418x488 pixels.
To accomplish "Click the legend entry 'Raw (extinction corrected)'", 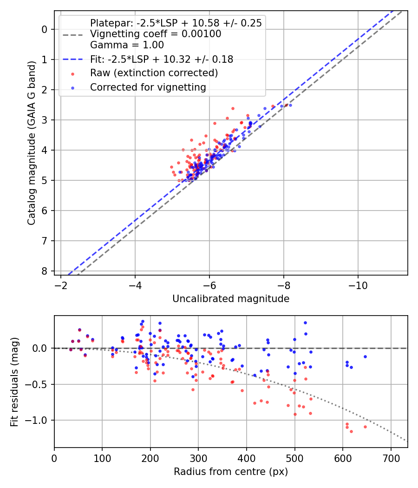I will (x=154, y=73).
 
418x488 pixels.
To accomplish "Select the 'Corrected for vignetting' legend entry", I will (x=148, y=87).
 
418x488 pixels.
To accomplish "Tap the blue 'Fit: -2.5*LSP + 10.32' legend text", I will (x=161, y=59).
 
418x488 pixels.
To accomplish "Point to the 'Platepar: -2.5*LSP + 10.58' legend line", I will (x=176, y=23).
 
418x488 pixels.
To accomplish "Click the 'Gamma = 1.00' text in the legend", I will (x=127, y=45).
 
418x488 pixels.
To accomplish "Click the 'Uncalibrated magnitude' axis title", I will (x=231, y=298).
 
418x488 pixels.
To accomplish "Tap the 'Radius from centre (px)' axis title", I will (x=231, y=472).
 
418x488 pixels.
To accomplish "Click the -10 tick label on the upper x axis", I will (x=358, y=285).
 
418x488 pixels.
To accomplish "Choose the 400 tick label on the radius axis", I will (x=247, y=458).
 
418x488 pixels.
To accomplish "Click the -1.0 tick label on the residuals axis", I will (x=39, y=420).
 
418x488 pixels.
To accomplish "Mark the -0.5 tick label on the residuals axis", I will (x=39, y=384).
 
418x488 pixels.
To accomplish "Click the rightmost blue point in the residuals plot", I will (x=365, y=356).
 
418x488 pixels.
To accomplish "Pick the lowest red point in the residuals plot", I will (x=351, y=431).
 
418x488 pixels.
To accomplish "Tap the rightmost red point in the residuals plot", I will (x=365, y=427).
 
